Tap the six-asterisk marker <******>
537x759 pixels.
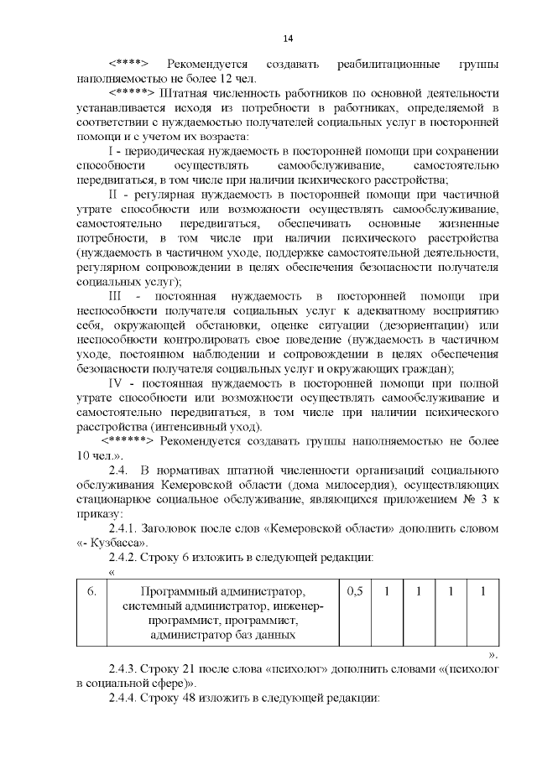pos(128,441)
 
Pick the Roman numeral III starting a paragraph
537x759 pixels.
pos(117,297)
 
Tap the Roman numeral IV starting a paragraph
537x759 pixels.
pos(118,384)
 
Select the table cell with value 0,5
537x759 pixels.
pos(354,591)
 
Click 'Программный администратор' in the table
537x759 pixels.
pos(222,591)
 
